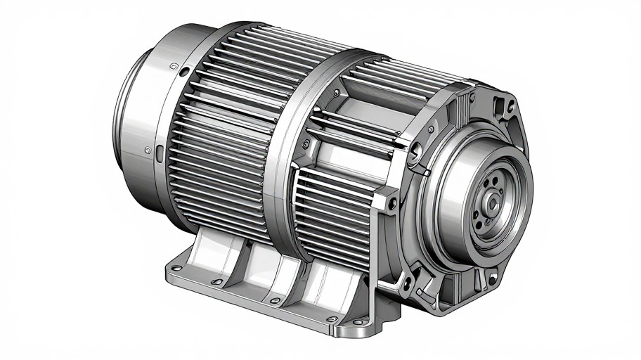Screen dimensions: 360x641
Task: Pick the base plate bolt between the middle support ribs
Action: pyautogui.click(x=275, y=300)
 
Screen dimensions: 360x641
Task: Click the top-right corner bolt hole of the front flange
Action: pyautogui.click(x=511, y=107)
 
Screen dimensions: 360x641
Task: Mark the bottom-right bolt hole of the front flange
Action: pyautogui.click(x=491, y=280)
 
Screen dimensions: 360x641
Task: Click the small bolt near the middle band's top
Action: pyautogui.click(x=336, y=92)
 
